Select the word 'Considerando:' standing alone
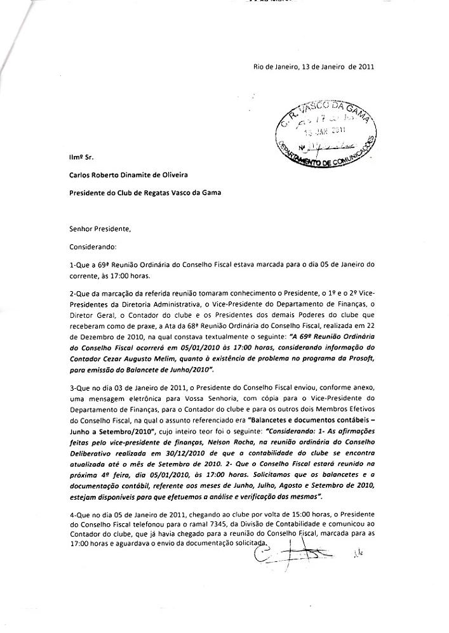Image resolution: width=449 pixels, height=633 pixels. [x=93, y=245]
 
